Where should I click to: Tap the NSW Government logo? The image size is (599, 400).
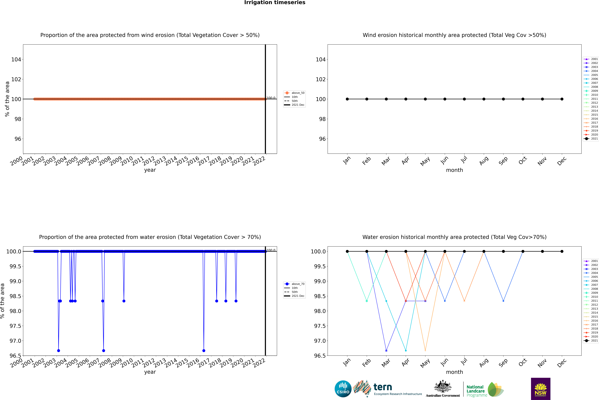coord(541,389)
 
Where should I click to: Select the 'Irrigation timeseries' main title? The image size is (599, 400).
coord(275,3)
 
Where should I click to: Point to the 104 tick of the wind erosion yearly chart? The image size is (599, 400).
coord(16,59)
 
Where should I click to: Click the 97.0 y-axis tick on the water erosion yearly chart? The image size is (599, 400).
coord(15,341)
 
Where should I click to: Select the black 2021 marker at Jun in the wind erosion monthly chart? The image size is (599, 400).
coord(445,99)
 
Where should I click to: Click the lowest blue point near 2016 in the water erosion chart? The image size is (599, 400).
coord(204,350)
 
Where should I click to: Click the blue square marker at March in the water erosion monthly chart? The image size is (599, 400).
coord(386,350)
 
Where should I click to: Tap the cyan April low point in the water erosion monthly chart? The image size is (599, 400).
coord(406,350)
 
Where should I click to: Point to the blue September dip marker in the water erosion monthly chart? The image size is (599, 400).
coord(503,301)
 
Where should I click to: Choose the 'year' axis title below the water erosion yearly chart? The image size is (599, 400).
coord(150,372)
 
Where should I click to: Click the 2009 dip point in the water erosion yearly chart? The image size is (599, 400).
coord(124,301)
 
